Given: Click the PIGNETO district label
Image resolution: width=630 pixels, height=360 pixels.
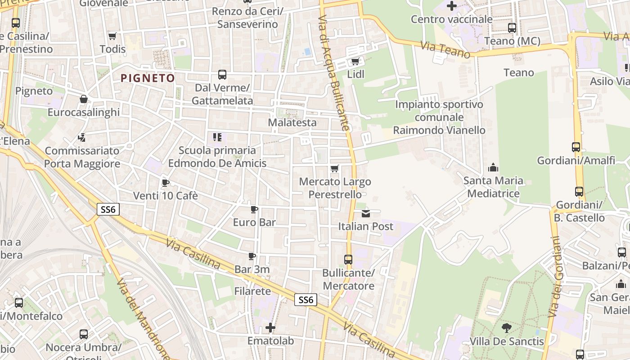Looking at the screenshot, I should tap(148, 78).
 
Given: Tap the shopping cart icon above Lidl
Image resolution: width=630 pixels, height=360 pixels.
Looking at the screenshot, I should tap(355, 62).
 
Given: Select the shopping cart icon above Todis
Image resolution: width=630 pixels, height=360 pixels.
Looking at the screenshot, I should tap(112, 36).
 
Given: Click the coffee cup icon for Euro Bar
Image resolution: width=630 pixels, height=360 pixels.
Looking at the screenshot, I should tap(254, 209).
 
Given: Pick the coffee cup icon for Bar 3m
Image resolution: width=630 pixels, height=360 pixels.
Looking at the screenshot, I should tap(252, 256).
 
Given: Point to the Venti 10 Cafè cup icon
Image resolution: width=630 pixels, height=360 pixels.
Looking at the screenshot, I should tap(165, 183).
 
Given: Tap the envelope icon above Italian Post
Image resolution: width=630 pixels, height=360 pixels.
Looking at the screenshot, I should tap(366, 213).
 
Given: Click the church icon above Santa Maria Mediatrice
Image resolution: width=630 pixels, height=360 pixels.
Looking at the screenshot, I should tap(493, 168).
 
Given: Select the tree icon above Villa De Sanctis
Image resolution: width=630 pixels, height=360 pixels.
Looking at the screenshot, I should tap(507, 328).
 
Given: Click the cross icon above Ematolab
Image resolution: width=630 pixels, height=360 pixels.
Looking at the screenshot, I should tap(270, 328).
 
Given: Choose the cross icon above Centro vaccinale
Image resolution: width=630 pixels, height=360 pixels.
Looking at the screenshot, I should tap(452, 6).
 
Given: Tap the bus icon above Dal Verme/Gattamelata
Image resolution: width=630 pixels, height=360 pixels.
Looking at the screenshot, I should tap(222, 75).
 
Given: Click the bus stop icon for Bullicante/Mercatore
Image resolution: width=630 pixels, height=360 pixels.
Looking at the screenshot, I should tap(348, 260).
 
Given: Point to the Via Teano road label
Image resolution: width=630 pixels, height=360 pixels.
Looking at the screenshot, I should tap(446, 49).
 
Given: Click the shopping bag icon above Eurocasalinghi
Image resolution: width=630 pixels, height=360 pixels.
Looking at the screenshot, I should tap(84, 99).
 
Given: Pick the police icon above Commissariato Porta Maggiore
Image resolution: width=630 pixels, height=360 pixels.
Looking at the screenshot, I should tap(82, 137).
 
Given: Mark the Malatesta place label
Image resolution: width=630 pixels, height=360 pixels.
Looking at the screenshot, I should tap(292, 122).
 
